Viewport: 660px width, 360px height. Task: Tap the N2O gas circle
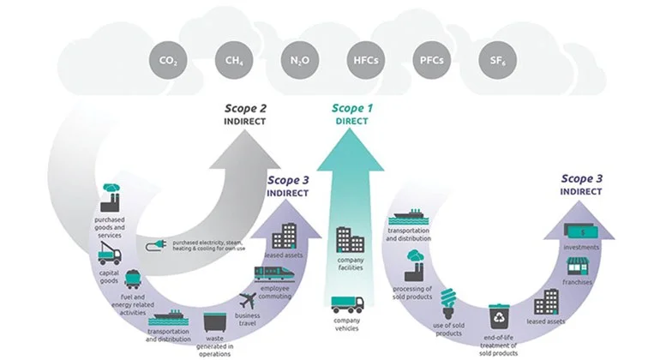297,60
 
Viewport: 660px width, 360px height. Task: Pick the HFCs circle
362,60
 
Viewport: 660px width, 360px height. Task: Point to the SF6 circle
491,60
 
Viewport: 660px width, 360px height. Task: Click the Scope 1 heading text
354,108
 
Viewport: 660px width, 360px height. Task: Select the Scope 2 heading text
246,108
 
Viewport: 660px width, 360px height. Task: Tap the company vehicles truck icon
347,305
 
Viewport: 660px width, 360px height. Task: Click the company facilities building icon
350,241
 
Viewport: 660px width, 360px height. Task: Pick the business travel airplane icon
248,302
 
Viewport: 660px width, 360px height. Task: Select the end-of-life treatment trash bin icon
499,316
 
